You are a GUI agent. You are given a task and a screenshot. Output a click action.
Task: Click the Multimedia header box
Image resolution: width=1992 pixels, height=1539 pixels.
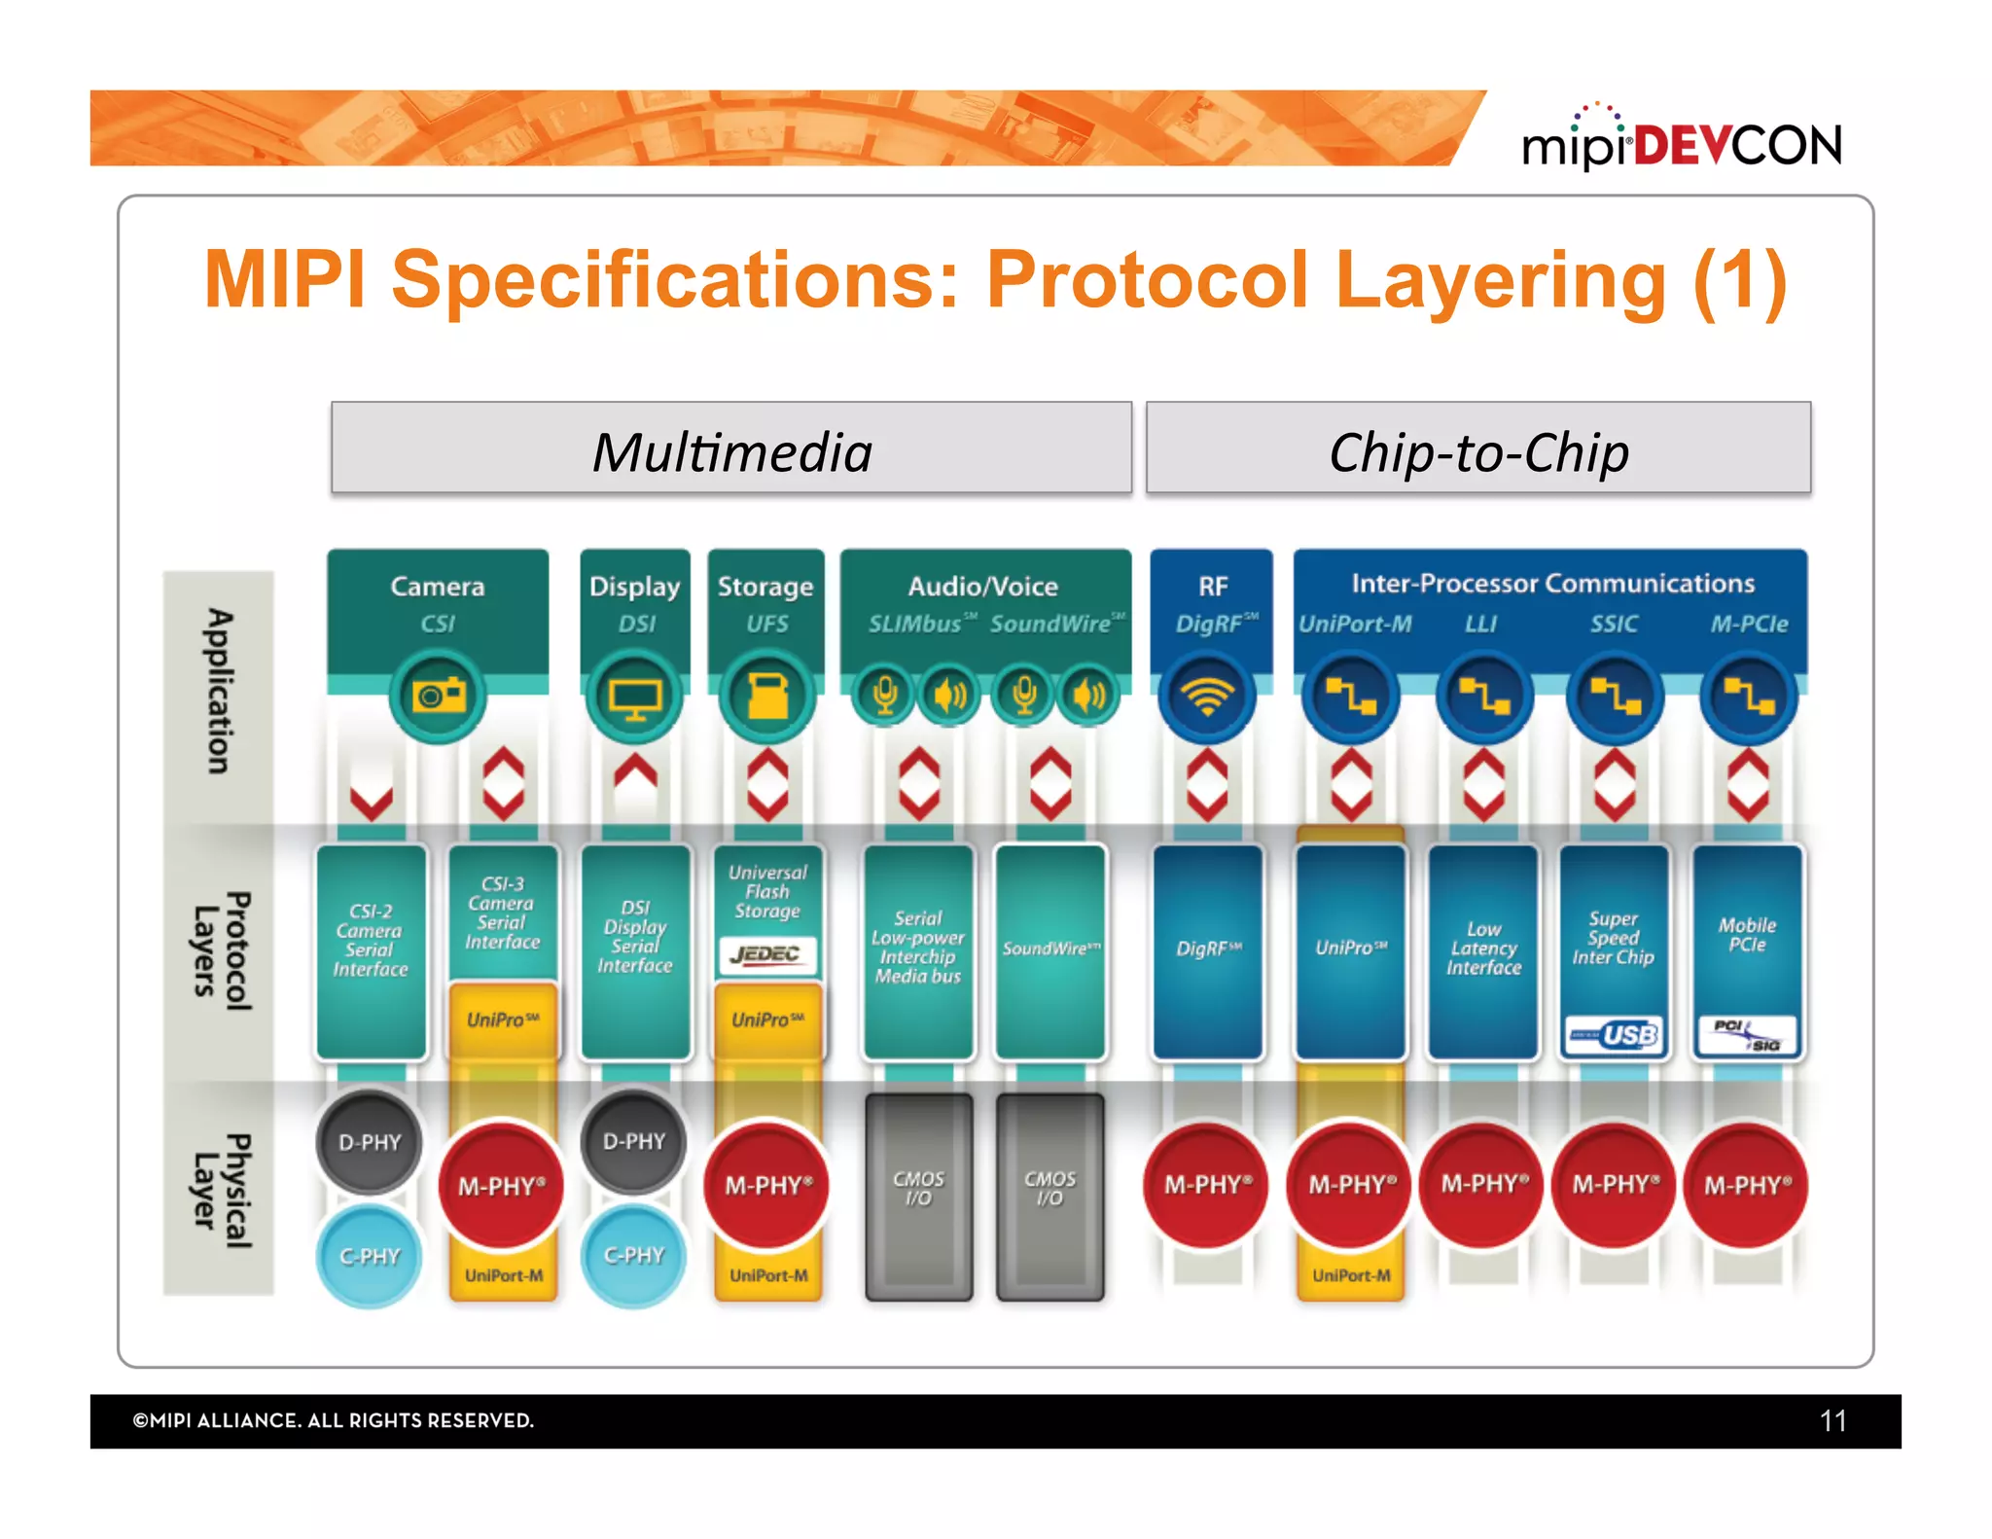pyautogui.click(x=731, y=448)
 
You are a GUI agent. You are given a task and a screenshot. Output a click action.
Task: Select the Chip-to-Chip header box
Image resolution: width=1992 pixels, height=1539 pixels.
pyautogui.click(x=1477, y=448)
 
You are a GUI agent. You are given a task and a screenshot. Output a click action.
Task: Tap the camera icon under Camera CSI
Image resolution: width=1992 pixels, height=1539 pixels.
pyautogui.click(x=438, y=696)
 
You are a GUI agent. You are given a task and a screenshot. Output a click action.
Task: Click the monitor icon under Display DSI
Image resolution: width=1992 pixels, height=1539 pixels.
pyautogui.click(x=635, y=697)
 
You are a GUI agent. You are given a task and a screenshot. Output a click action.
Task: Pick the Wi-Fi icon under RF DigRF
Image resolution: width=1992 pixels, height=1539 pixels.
pyautogui.click(x=1207, y=697)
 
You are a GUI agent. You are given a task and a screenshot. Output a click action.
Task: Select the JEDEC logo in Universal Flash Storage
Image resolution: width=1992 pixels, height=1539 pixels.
pyautogui.click(x=766, y=954)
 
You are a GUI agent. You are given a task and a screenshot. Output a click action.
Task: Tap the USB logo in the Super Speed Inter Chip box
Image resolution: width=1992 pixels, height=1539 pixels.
pyautogui.click(x=1614, y=1034)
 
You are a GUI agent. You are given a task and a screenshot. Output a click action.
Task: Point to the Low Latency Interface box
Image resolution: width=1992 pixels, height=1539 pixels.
pyautogui.click(x=1483, y=948)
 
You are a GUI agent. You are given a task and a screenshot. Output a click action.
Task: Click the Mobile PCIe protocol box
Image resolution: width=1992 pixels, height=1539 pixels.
pyautogui.click(x=1747, y=935)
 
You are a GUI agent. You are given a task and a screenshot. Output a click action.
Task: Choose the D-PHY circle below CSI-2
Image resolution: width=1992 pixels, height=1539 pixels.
pyautogui.click(x=370, y=1142)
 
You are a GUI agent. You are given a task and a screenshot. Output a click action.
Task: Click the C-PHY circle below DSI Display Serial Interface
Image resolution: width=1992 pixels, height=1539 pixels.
pyautogui.click(x=634, y=1255)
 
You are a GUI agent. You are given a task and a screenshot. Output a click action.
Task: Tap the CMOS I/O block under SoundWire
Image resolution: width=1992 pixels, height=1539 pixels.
pyautogui.click(x=1050, y=1195)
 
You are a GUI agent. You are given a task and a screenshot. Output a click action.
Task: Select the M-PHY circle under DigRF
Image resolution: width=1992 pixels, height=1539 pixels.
pyautogui.click(x=1207, y=1185)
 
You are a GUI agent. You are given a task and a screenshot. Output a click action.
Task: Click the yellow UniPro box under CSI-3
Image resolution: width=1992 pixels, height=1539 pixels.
pyautogui.click(x=502, y=1020)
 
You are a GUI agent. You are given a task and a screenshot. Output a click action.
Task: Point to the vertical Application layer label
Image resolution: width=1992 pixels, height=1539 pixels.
pyautogui.click(x=220, y=693)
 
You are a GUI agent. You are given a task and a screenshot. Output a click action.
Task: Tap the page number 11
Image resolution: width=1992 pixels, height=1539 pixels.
pyautogui.click(x=1832, y=1421)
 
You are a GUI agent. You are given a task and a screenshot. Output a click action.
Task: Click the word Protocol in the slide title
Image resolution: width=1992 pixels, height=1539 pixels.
pyautogui.click(x=1148, y=280)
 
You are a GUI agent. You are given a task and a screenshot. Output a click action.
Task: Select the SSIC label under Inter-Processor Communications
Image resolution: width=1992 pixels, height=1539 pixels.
pyautogui.click(x=1614, y=624)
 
